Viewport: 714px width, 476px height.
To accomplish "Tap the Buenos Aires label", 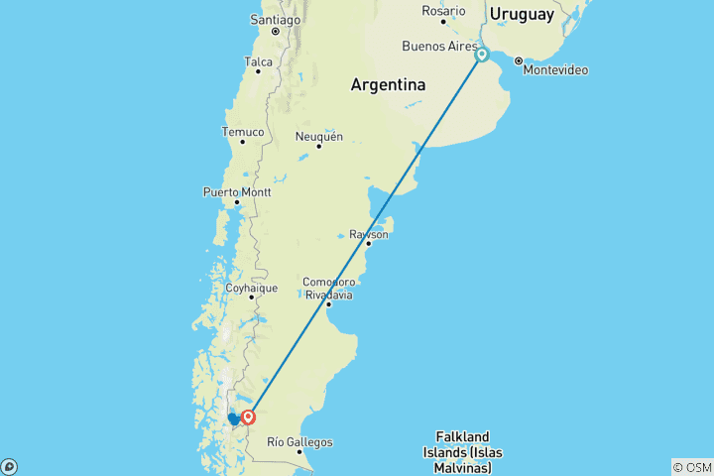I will (437, 47).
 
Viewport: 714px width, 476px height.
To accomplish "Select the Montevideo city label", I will (555, 70).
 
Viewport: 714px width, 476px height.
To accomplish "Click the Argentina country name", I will (388, 85).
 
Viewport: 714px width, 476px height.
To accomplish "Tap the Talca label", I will (258, 61).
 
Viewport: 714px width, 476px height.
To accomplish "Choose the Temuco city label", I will (243, 132).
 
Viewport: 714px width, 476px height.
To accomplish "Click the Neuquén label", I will (319, 137).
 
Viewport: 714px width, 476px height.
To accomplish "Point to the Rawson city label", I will (368, 235).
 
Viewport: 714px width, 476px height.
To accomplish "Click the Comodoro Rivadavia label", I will (327, 289).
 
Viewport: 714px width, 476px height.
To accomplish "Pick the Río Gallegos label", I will (299, 442).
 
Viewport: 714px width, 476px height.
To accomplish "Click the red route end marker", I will (249, 417).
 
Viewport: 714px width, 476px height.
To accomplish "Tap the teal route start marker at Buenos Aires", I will (482, 56).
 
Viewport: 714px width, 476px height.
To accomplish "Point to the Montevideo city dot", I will (518, 60).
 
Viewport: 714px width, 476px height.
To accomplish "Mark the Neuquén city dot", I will (319, 147).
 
